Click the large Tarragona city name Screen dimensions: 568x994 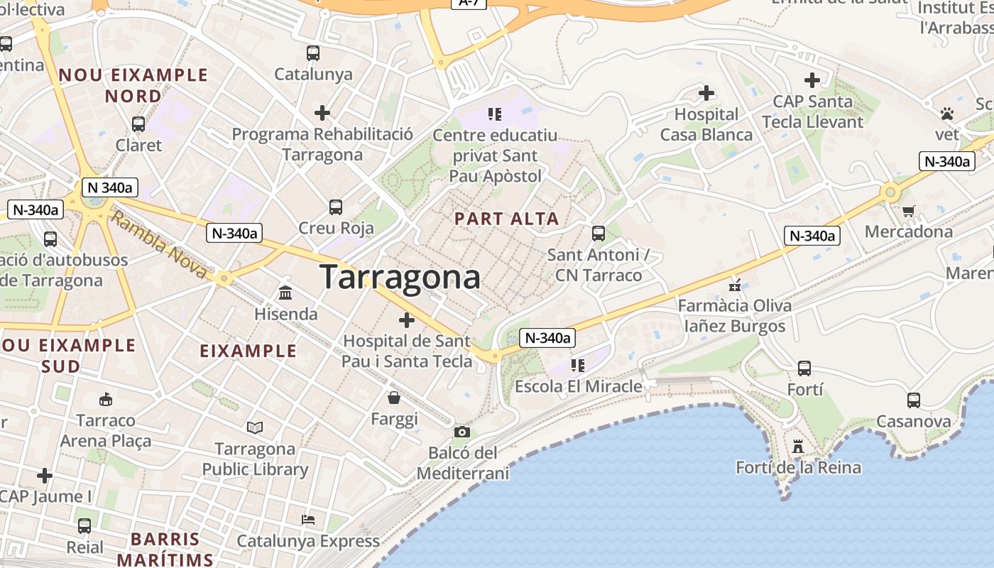point(400,276)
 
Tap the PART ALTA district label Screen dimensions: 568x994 point(507,219)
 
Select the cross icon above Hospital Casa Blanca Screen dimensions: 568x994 point(706,93)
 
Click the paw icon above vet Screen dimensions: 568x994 point(946,114)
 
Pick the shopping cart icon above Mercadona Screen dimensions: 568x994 point(909,211)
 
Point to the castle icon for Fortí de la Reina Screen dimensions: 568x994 point(798,447)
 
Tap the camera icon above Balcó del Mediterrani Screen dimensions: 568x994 point(461,432)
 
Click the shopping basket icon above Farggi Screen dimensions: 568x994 point(394,398)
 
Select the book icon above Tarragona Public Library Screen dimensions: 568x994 point(255,427)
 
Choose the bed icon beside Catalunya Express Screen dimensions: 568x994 point(308,520)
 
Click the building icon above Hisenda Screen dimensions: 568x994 point(285,293)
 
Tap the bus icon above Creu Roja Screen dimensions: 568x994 point(336,207)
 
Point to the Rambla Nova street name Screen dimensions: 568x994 point(160,246)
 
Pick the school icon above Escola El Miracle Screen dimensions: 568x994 point(578,366)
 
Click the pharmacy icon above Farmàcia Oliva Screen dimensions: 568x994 point(735,285)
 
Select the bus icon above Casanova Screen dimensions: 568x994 point(913,400)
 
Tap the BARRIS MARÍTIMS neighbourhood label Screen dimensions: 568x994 point(165,548)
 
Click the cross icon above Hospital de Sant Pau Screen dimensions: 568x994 point(407,320)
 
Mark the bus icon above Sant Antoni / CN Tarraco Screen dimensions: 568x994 point(599,233)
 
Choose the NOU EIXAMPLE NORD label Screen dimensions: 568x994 point(133,85)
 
